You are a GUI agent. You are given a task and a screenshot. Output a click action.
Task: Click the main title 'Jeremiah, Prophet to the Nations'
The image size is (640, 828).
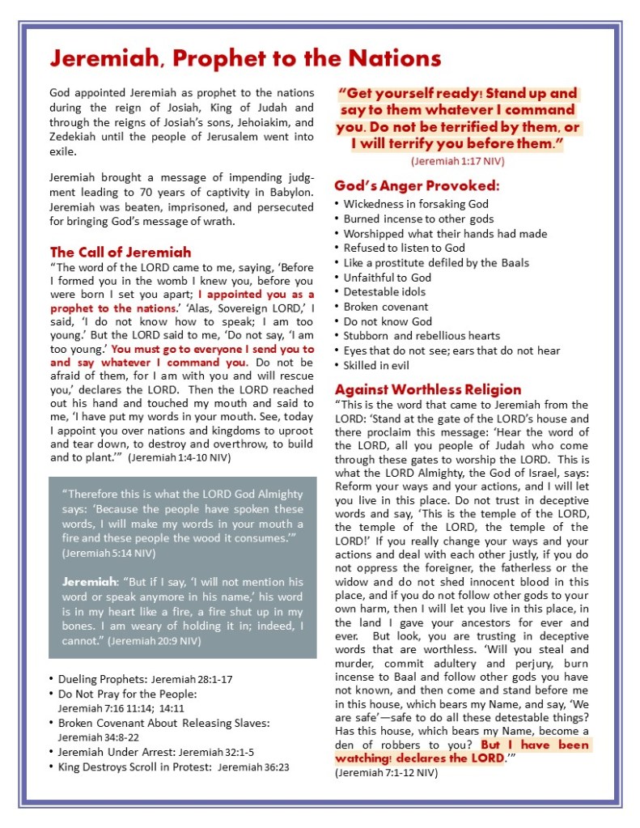point(245,59)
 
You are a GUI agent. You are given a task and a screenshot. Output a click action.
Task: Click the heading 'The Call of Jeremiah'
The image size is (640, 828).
point(121,252)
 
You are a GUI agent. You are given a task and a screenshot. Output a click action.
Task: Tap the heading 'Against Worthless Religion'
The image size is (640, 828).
point(428,389)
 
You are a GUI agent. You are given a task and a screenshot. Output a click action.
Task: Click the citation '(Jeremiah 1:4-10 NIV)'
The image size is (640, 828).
point(179,457)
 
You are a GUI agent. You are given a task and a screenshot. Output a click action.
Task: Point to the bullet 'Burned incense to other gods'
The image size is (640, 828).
point(418,219)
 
